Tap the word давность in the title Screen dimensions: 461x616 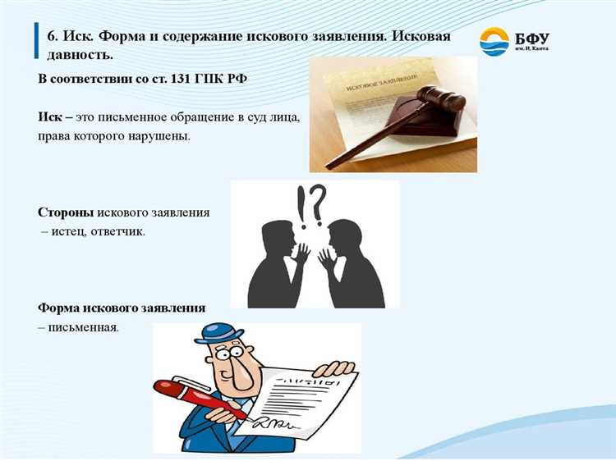tap(78, 55)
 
